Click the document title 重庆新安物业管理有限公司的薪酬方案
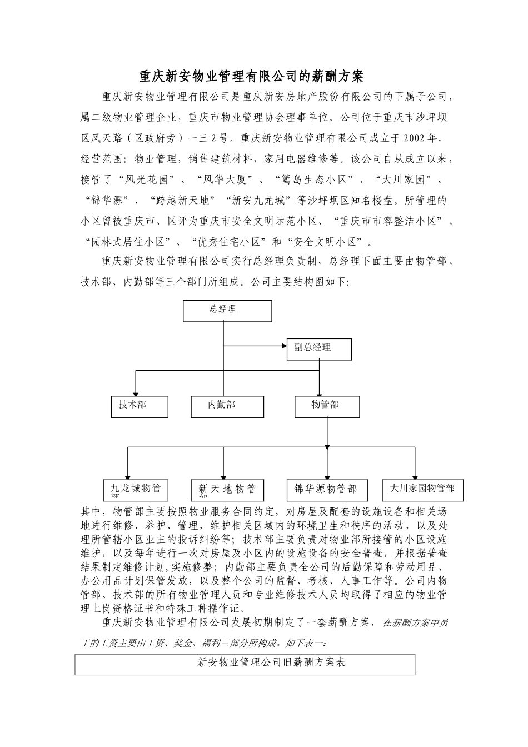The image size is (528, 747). (251, 76)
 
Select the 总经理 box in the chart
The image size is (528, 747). (227, 311)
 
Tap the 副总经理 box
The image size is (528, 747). (319, 348)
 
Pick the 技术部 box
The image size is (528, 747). (140, 407)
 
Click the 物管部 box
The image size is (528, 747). (327, 407)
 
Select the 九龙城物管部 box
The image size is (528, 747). (136, 490)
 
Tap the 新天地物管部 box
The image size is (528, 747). (227, 490)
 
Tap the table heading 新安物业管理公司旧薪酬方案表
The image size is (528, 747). (272, 662)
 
